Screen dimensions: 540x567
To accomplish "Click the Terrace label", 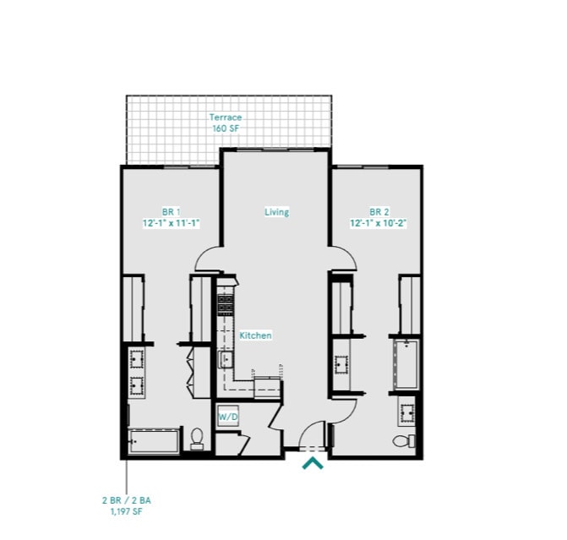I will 226,117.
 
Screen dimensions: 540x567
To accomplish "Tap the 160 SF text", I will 226,128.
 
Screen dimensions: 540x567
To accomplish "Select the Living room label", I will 276,212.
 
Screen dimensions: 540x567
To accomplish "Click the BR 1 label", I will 172,212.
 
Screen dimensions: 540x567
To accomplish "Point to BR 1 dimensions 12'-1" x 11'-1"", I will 171,223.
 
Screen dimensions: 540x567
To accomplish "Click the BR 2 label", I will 379,212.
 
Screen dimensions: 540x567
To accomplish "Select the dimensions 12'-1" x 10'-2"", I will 379,223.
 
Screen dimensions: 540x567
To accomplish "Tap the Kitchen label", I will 255,335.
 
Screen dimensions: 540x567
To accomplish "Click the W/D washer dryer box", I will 227,417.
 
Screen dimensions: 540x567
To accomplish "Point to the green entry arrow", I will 313,462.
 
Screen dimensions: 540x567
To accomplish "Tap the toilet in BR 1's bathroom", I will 197,437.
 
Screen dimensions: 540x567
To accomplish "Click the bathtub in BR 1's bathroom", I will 154,440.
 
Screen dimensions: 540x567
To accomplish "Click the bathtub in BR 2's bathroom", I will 406,364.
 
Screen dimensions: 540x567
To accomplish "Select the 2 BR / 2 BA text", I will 127,500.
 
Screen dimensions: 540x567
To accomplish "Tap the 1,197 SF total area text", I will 127,511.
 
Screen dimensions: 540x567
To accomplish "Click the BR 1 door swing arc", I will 207,259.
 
